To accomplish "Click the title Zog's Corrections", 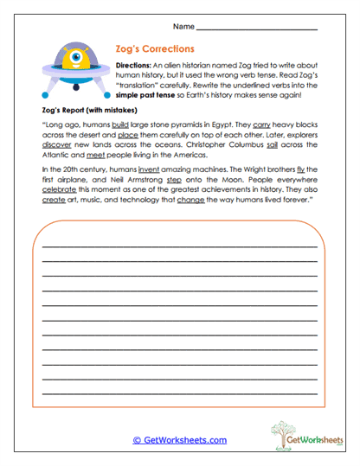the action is click(154, 49).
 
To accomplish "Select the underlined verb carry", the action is click(262, 124).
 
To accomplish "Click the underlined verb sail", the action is click(291, 145).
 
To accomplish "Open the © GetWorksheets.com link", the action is click(179, 440).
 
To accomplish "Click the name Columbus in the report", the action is click(259, 145).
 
